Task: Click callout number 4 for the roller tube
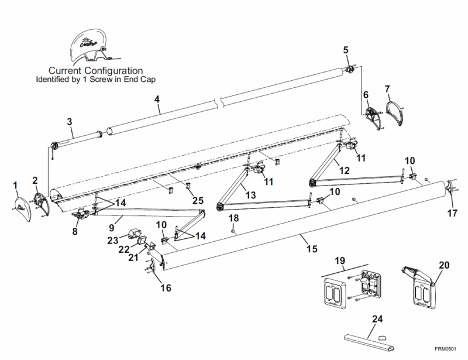[x=157, y=99]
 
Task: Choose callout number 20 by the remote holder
[x=444, y=264]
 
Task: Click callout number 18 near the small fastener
[x=233, y=218]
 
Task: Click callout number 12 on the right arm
[x=344, y=170]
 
